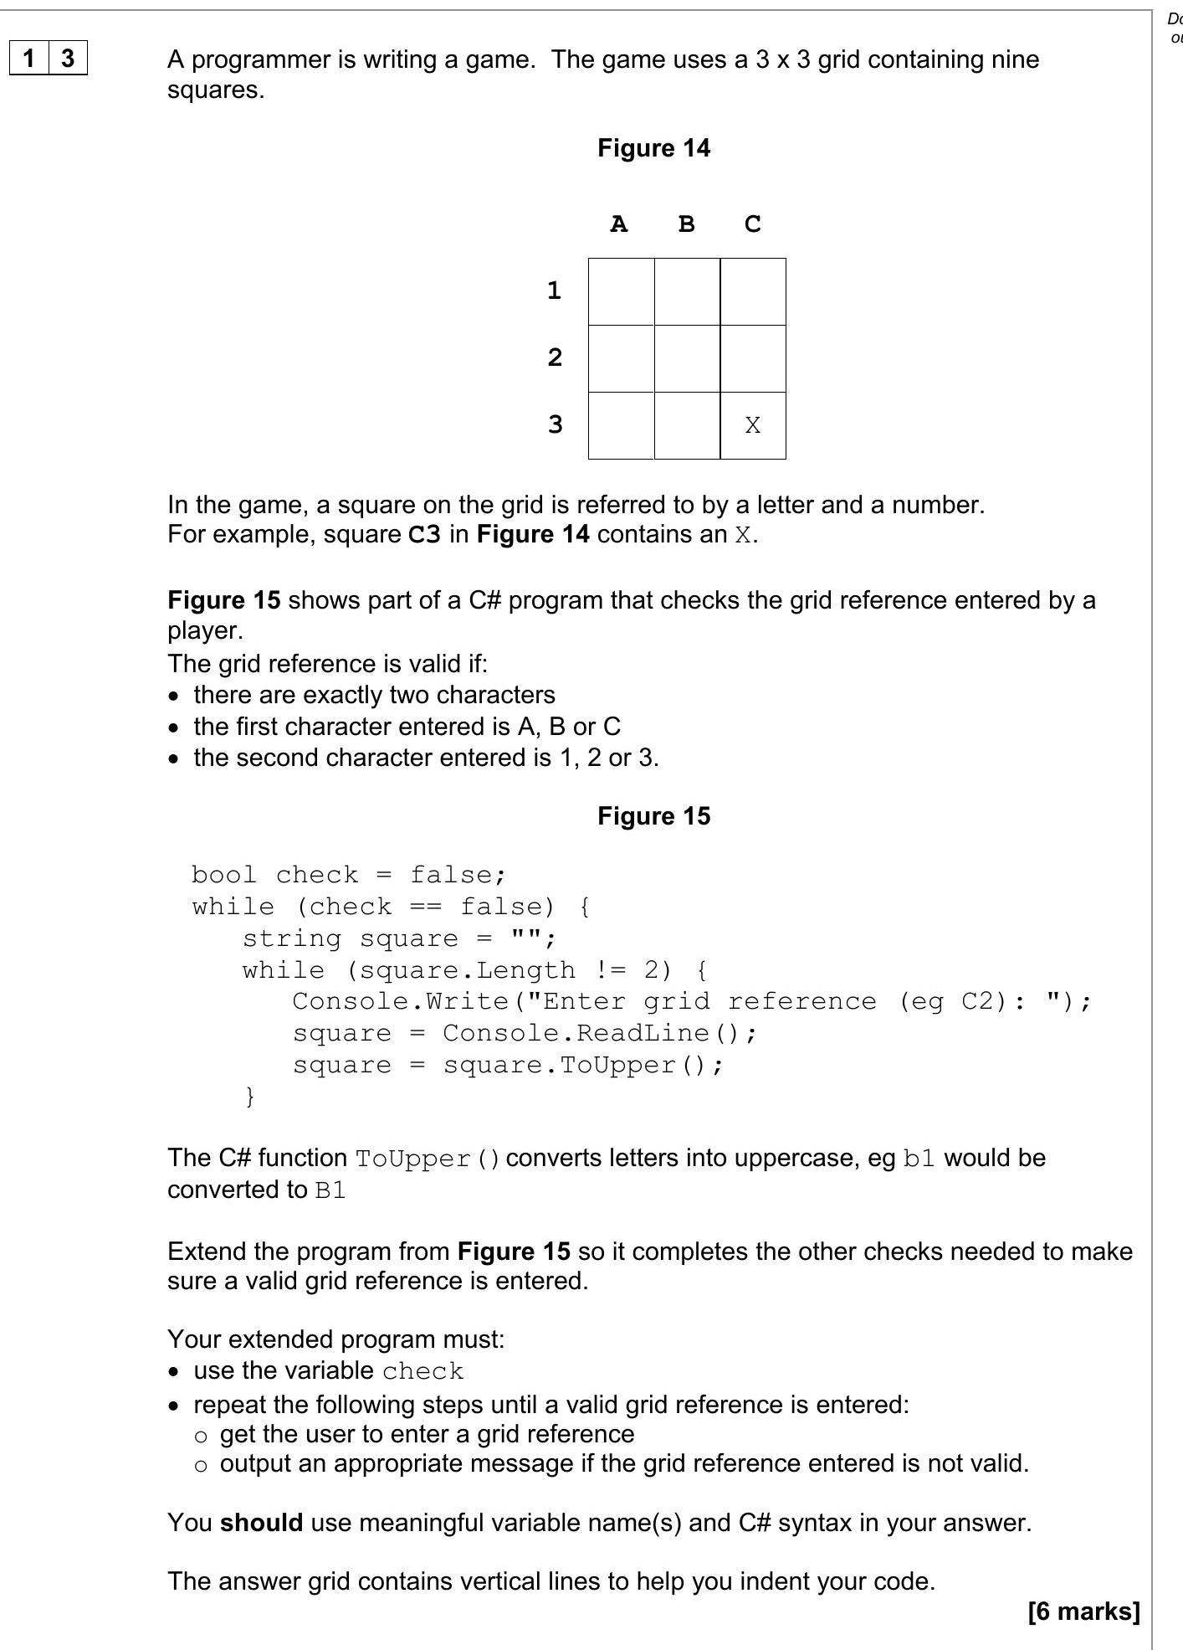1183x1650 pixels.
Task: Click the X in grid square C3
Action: click(x=752, y=425)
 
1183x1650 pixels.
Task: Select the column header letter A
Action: click(x=618, y=224)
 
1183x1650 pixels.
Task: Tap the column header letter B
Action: click(x=686, y=224)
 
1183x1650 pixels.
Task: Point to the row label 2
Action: click(x=554, y=357)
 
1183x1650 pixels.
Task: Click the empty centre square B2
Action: click(x=687, y=358)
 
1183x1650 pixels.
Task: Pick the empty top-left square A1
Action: click(x=621, y=291)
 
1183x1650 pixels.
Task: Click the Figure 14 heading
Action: click(x=653, y=148)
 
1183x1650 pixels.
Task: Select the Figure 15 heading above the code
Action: click(x=653, y=816)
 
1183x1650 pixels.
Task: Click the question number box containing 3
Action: click(x=68, y=58)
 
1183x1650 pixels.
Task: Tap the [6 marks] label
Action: click(x=1083, y=1611)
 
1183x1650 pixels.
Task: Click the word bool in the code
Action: click(x=223, y=875)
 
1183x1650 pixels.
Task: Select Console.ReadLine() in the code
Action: click(x=599, y=1033)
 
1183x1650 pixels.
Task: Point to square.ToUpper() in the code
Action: click(x=582, y=1065)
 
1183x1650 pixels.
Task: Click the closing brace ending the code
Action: click(x=249, y=1096)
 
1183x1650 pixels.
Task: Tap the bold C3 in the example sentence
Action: click(x=424, y=534)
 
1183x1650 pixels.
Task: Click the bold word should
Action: click(x=261, y=1522)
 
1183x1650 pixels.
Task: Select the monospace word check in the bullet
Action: click(x=422, y=1371)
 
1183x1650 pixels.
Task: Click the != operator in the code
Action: click(x=609, y=970)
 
